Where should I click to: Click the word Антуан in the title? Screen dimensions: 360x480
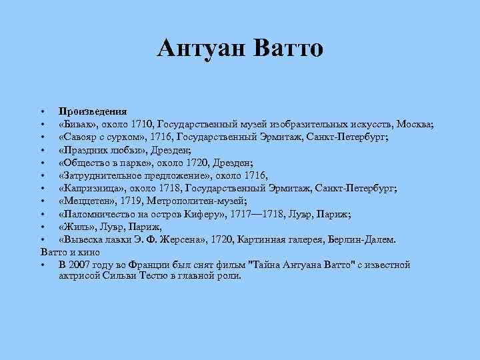[201, 48]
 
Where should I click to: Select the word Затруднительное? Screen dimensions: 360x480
[100, 175]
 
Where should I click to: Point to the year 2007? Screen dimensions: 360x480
[79, 265]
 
